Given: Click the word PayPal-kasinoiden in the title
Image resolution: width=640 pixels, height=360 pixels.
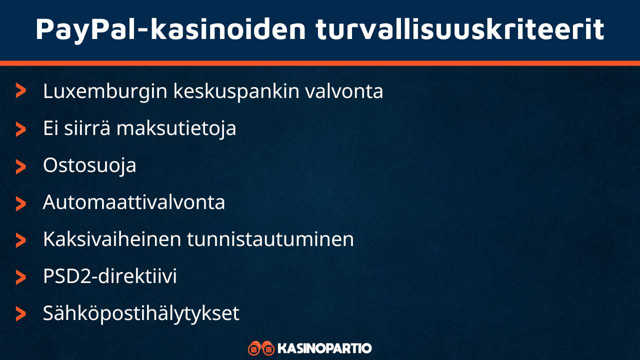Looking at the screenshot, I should pyautogui.click(x=170, y=29).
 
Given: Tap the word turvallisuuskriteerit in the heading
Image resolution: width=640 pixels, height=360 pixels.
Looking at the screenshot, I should pyautogui.click(x=460, y=29).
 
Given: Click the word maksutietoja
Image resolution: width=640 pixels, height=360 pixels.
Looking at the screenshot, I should pyautogui.click(x=176, y=128).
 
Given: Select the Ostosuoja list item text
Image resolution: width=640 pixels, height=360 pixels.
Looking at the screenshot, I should pyautogui.click(x=89, y=165).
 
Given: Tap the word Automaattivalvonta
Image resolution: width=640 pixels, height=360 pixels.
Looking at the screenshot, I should pyautogui.click(x=134, y=202).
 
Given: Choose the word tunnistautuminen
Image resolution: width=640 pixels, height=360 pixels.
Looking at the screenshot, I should pyautogui.click(x=270, y=239).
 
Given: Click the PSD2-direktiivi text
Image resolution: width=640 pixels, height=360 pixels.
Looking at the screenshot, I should pyautogui.click(x=110, y=276).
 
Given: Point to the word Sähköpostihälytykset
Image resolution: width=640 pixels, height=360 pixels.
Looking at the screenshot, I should pyautogui.click(x=141, y=313).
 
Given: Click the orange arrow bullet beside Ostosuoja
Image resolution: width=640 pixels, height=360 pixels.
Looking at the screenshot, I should pyautogui.click(x=20, y=166).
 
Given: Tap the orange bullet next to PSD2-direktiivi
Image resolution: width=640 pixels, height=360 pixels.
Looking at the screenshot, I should pyautogui.click(x=20, y=277).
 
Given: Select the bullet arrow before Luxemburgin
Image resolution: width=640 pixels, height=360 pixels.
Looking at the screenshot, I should pyautogui.click(x=20, y=91).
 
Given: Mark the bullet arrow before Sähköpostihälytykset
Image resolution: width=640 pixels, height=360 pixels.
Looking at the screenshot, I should pyautogui.click(x=20, y=314).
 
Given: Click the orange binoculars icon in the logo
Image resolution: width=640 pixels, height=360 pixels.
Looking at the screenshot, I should pyautogui.click(x=261, y=348).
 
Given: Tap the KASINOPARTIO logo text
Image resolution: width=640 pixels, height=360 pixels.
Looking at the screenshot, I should pyautogui.click(x=324, y=348).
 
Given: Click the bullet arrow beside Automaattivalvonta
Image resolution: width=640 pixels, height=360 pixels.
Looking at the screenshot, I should pyautogui.click(x=20, y=203).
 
